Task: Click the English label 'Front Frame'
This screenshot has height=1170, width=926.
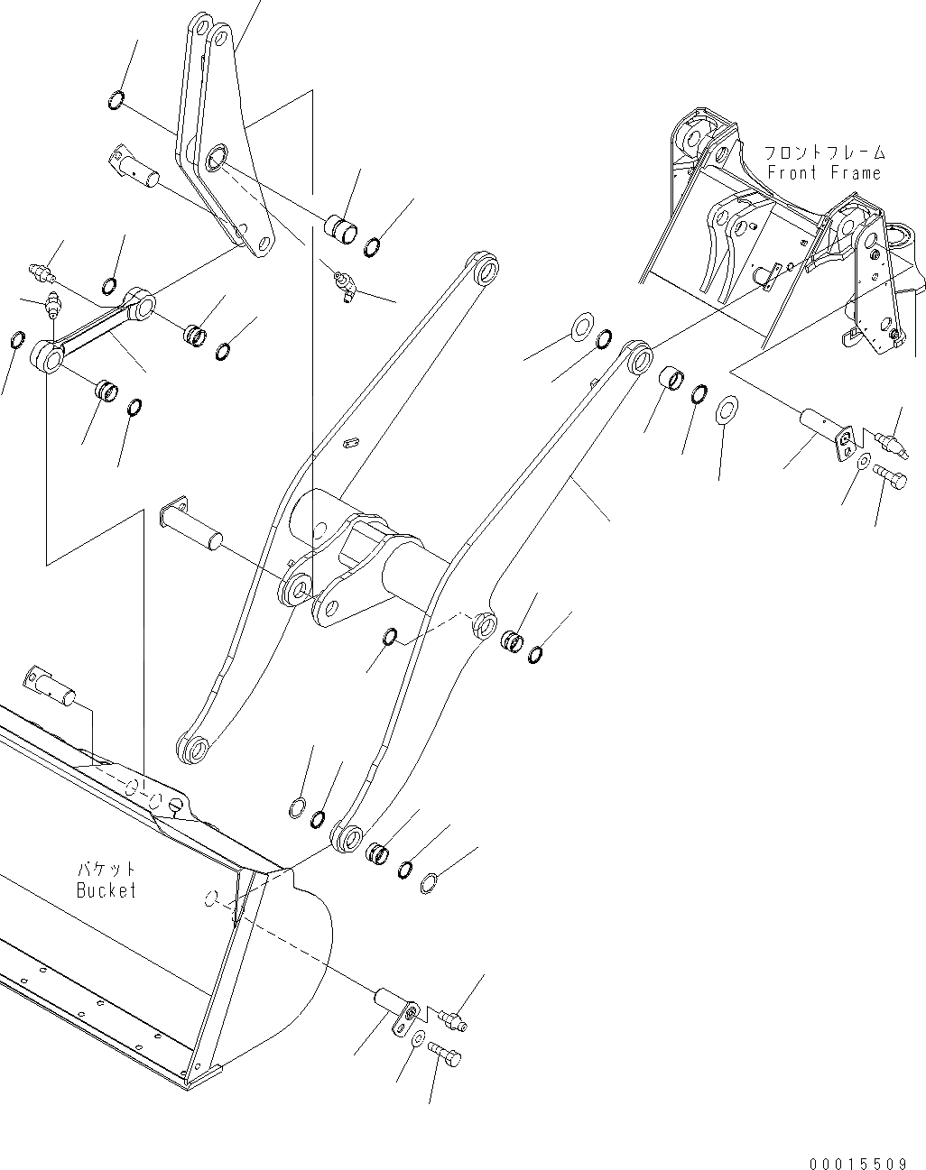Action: coord(823,172)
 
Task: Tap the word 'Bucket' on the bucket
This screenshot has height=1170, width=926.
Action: coord(106,889)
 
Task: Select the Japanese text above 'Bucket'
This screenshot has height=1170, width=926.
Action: coord(106,869)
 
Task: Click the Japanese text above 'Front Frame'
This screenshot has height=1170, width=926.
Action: coord(823,152)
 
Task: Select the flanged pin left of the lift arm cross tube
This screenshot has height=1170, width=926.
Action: coord(190,522)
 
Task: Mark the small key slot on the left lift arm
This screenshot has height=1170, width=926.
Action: coord(351,442)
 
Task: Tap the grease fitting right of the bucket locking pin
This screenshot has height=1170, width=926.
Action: coord(452,1018)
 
